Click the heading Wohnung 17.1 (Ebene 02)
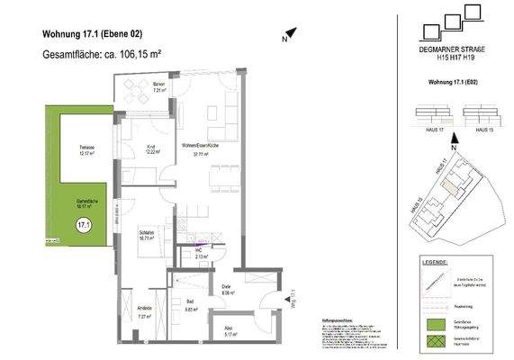click(92, 35)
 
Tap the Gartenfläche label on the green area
click(86, 202)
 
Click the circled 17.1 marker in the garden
click(85, 225)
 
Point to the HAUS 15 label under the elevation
click(484, 130)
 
